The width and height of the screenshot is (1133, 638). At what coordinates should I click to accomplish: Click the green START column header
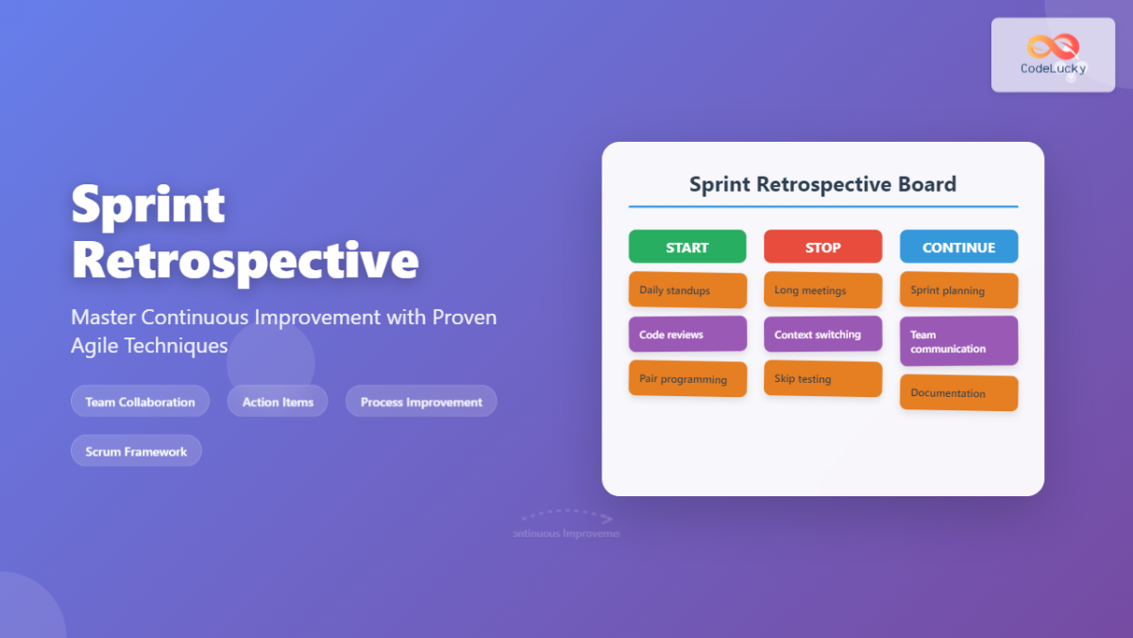(687, 247)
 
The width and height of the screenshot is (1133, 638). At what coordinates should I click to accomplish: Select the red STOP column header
(822, 247)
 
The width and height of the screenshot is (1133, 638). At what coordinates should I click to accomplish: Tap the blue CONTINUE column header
(958, 247)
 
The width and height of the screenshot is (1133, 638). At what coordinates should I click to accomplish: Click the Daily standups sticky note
(687, 290)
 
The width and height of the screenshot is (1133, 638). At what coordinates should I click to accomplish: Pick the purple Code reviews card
(687, 335)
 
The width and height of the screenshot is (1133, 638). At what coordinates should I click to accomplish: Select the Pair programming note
(687, 379)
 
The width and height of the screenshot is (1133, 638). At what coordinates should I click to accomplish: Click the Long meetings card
(822, 290)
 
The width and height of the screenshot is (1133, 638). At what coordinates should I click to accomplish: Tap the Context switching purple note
(822, 335)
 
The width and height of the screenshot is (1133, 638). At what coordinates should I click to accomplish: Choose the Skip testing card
(822, 379)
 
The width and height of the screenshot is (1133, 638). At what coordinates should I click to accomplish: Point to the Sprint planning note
(958, 290)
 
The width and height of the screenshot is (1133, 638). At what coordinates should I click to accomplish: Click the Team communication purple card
(958, 341)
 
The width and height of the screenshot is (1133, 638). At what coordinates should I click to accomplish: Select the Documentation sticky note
(958, 393)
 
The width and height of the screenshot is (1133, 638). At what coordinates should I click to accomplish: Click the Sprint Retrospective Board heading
(822, 184)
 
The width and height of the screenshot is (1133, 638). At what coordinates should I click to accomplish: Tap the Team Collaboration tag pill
(140, 402)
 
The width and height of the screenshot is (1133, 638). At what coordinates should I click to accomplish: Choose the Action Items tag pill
(278, 402)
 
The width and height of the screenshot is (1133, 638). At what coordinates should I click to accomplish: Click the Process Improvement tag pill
(421, 402)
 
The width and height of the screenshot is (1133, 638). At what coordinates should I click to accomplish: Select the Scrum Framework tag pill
(136, 451)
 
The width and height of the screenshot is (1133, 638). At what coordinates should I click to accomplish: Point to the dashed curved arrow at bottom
(566, 516)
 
